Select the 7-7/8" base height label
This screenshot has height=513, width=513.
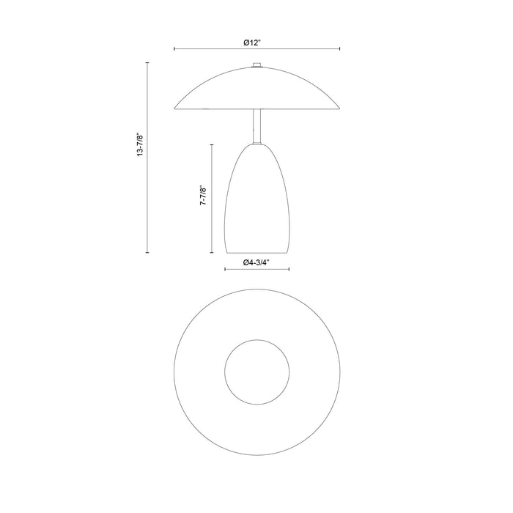[x=203, y=199]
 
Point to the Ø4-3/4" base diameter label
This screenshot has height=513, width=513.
[x=256, y=262]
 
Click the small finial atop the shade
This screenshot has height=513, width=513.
[x=256, y=67]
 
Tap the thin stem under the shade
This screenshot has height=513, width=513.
[x=256, y=126]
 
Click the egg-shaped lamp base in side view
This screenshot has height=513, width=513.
[x=256, y=202]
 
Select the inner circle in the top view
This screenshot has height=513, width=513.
[x=256, y=371]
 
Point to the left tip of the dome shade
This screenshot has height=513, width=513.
[x=174, y=108]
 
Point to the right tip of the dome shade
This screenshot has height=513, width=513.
[x=339, y=108]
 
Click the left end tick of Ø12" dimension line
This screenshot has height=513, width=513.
[x=174, y=49]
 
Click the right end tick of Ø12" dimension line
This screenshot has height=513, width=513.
[x=339, y=49]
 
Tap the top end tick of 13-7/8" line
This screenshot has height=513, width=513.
[x=148, y=64]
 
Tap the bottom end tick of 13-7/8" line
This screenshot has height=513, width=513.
[x=148, y=253]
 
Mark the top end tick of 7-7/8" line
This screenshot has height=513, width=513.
[x=212, y=144]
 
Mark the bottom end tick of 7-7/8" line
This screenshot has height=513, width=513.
[x=212, y=253]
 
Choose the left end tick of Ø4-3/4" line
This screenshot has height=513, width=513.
[x=224, y=269]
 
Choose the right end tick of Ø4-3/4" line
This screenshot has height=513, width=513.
[x=289, y=269]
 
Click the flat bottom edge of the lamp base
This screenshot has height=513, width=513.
[x=256, y=253]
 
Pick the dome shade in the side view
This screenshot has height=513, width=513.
[x=256, y=92]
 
